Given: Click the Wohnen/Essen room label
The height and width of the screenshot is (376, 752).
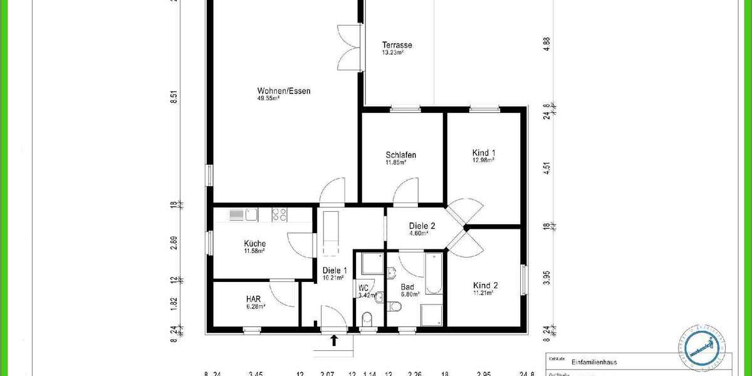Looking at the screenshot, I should [283, 91].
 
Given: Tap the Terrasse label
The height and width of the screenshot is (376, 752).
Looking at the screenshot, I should [397, 45].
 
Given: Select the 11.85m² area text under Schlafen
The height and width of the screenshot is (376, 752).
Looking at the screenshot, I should [395, 163].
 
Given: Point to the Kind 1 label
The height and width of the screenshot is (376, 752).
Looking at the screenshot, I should [483, 153].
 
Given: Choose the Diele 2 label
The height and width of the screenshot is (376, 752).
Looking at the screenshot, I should [422, 226].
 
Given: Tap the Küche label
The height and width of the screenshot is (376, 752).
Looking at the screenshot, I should [254, 244].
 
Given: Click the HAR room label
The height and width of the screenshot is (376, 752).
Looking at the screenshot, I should [253, 299].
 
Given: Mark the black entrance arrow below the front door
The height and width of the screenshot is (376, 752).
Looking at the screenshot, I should [335, 340].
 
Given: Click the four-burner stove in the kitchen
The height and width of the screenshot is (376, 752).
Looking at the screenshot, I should [279, 215].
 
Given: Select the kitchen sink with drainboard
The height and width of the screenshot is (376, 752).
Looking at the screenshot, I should [243, 215].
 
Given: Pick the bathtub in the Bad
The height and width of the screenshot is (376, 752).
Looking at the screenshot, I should [434, 273].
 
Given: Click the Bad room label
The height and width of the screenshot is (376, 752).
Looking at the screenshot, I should [407, 288].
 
